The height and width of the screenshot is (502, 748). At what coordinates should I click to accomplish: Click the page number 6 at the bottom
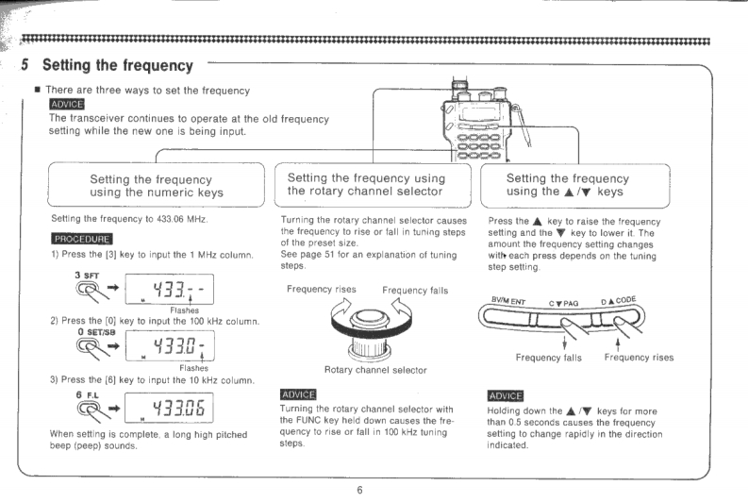359,490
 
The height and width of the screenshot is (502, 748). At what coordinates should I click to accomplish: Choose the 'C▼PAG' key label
568,302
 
